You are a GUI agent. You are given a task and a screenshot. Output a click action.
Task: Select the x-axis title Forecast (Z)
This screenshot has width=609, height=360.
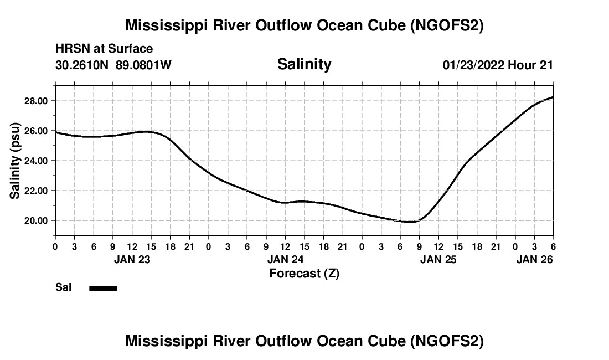pyautogui.click(x=304, y=273)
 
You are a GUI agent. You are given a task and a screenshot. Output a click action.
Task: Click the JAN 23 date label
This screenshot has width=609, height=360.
pyautogui.click(x=132, y=259)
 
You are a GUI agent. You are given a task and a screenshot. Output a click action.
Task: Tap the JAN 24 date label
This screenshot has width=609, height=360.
pyautogui.click(x=286, y=259)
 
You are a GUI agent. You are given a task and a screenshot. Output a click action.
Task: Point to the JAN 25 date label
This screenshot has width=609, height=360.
pyautogui.click(x=438, y=259)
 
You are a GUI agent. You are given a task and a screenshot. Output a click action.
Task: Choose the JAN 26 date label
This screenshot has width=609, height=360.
pyautogui.click(x=534, y=259)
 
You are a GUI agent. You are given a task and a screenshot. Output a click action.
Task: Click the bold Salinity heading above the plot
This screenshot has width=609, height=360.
pyautogui.click(x=304, y=64)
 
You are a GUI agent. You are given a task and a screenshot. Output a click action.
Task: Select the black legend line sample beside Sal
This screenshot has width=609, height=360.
pyautogui.click(x=104, y=288)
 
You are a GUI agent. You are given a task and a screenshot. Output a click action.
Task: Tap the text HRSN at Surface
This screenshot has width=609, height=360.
pyautogui.click(x=104, y=49)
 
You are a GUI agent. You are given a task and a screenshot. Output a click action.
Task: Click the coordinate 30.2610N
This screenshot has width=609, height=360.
pyautogui.click(x=82, y=65)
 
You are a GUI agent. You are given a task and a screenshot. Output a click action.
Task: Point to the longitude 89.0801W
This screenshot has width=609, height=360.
pyautogui.click(x=143, y=65)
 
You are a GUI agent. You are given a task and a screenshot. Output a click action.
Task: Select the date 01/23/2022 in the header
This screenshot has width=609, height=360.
pyautogui.click(x=473, y=65)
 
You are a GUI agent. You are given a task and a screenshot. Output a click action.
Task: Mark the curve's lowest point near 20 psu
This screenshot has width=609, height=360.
pyautogui.click(x=410, y=222)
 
